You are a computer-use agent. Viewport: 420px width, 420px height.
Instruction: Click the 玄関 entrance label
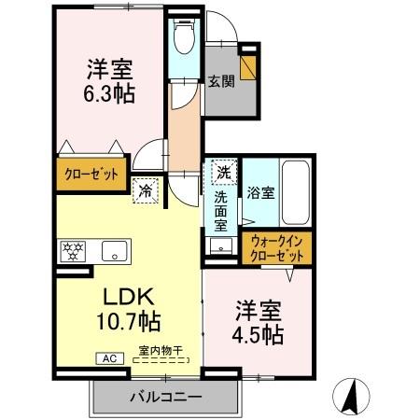[x=220, y=82]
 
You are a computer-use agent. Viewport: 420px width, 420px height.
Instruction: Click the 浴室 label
[x=260, y=194]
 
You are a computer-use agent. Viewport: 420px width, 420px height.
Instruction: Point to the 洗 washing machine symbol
[x=224, y=173]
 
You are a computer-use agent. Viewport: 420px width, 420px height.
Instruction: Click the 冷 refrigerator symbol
[x=147, y=188]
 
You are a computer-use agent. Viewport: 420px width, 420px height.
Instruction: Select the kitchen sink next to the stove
[x=116, y=250]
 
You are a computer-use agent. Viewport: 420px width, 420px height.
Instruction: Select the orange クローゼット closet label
[x=90, y=175]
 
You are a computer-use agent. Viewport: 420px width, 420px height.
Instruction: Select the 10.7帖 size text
[x=128, y=322]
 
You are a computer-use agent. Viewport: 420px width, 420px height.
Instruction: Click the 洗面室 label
[x=222, y=212]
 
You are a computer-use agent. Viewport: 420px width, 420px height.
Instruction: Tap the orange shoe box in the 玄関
[x=248, y=66]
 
